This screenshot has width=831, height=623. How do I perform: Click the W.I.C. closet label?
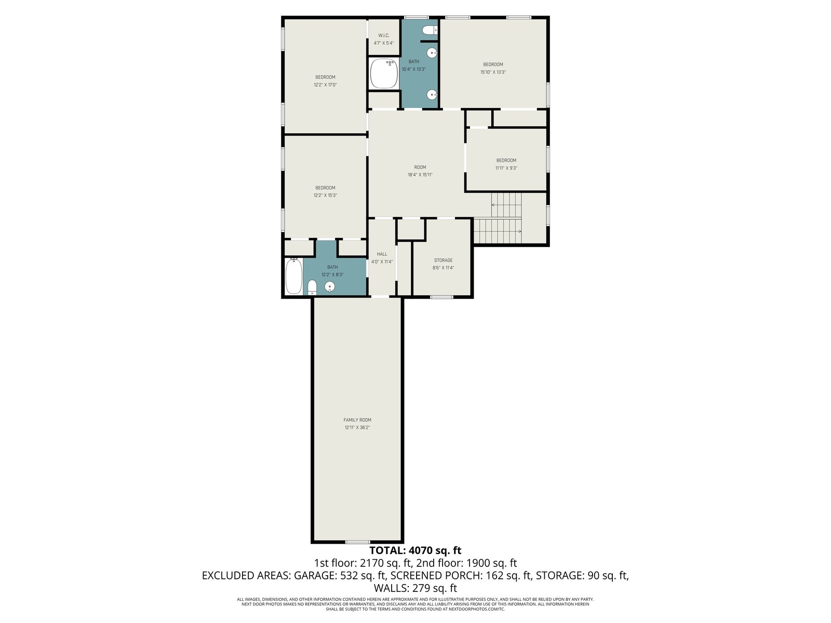[383, 35]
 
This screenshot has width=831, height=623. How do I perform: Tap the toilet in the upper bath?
[430, 30]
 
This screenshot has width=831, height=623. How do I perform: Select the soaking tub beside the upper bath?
[384, 73]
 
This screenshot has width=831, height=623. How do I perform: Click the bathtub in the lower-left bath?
[294, 276]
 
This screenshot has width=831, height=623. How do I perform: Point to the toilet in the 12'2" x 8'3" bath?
[312, 288]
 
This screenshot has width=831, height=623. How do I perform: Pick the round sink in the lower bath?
[330, 288]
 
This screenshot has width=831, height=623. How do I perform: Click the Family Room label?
[357, 420]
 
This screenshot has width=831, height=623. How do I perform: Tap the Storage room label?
[444, 260]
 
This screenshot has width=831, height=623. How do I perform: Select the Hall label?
[382, 254]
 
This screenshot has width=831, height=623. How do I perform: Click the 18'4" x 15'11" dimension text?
[420, 175]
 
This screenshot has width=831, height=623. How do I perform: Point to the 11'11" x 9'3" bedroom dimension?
[506, 168]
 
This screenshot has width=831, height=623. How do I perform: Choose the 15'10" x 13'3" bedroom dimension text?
[493, 72]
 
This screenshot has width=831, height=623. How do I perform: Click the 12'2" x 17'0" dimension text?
[325, 85]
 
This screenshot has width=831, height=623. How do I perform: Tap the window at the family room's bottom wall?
[358, 542]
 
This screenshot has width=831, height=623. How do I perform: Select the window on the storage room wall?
[442, 297]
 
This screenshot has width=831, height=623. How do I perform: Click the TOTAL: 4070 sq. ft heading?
[415, 550]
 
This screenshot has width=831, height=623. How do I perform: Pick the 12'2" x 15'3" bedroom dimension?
[325, 195]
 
